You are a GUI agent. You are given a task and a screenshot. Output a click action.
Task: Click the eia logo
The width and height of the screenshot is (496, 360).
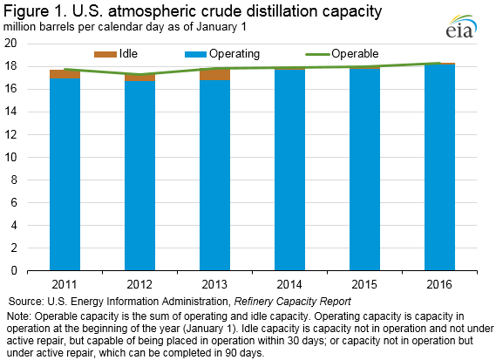click(x=461, y=26)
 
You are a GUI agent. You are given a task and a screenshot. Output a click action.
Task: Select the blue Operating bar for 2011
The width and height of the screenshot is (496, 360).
click(x=65, y=174)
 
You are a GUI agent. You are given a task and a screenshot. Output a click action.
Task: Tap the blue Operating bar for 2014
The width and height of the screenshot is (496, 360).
click(x=289, y=170)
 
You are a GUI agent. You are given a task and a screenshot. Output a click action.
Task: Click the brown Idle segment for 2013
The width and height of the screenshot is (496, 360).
click(x=214, y=74)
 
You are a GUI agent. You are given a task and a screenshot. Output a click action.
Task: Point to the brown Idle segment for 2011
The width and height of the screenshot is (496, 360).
click(x=65, y=74)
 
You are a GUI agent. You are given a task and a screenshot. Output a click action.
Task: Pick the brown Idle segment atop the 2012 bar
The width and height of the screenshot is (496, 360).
click(x=139, y=78)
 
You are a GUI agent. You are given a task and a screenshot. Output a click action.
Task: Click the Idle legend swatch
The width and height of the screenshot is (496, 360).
click(x=105, y=54)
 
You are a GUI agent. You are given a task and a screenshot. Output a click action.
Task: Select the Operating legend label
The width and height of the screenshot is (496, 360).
click(x=234, y=54)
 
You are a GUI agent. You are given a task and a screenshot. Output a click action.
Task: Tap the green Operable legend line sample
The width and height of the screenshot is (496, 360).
click(x=317, y=54)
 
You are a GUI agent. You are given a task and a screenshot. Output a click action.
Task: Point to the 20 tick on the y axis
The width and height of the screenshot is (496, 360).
click(x=10, y=43)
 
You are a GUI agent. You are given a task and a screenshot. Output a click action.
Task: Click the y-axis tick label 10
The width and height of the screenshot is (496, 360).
click(x=10, y=157)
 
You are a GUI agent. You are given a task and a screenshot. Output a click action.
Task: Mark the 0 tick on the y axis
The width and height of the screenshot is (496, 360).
click(x=14, y=270)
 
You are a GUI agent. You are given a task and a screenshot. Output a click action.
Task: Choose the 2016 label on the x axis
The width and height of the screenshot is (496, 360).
click(x=439, y=284)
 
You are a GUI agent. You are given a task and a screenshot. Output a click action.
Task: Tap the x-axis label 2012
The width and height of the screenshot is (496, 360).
click(x=139, y=284)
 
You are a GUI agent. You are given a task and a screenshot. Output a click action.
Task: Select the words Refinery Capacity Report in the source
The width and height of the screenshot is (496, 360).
click(x=292, y=302)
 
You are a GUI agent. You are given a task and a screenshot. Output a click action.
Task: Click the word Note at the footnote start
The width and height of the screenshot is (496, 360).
click(x=19, y=316)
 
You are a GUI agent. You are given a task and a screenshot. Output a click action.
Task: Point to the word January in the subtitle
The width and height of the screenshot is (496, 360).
click(x=215, y=27)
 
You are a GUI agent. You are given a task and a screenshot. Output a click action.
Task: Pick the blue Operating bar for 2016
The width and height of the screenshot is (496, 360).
click(x=439, y=167)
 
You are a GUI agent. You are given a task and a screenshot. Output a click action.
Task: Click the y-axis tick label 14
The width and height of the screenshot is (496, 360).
click(x=10, y=112)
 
